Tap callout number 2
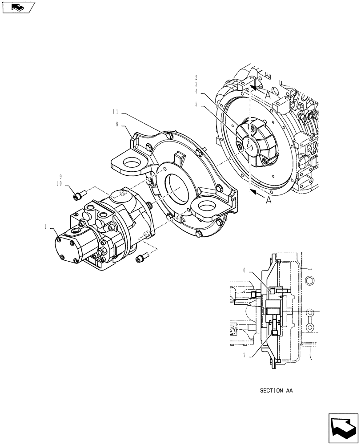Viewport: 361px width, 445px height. (196, 77)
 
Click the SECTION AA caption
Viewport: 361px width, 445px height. (276, 391)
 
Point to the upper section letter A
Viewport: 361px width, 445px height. (267, 95)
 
